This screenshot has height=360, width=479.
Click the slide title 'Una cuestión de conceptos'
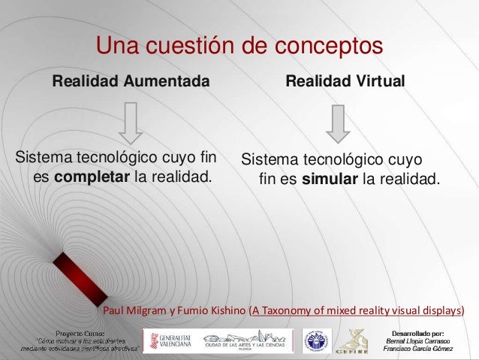coord(239,47)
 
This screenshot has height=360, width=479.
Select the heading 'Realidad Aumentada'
coord(130,80)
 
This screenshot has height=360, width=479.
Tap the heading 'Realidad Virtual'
coord(345,80)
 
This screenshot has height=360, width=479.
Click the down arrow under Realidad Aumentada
coord(130,122)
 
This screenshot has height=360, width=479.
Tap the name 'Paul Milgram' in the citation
coord(131,310)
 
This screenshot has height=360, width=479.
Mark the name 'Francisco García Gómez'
coord(418,349)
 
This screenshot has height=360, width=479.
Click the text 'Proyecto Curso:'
coord(80,331)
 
